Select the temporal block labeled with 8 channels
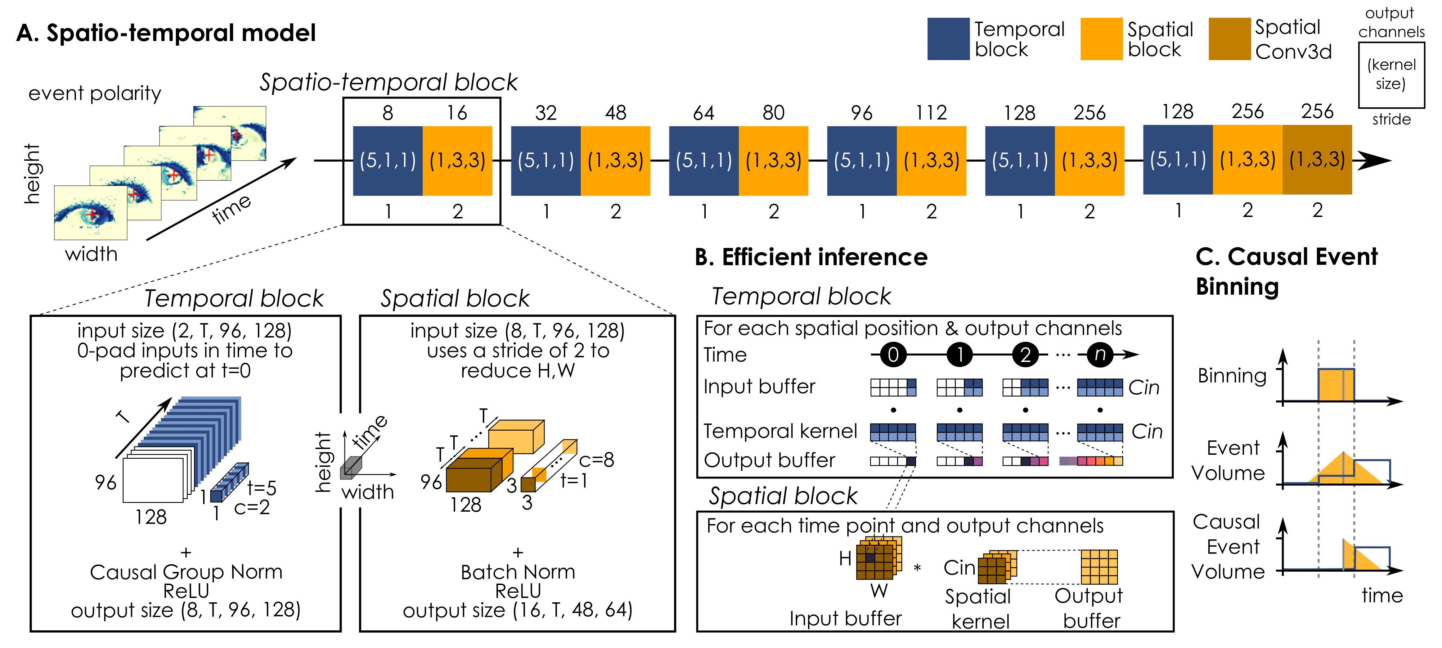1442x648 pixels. click(387, 160)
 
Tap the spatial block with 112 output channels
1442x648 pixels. click(931, 160)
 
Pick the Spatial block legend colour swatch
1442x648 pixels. click(1101, 38)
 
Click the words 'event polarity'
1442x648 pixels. click(95, 93)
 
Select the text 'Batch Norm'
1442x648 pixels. click(517, 571)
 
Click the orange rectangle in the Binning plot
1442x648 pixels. click(1336, 385)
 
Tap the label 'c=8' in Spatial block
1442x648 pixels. click(596, 460)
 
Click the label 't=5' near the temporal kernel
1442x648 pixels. click(261, 488)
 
